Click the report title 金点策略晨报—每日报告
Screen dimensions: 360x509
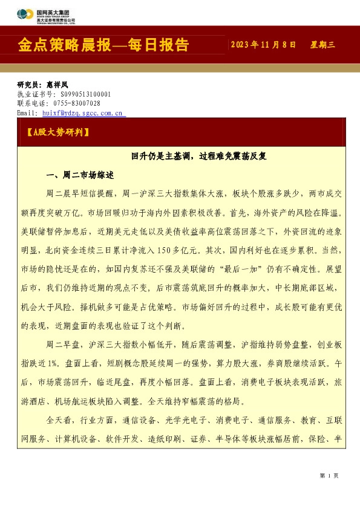(104, 45)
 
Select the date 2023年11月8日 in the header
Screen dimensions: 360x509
(263, 45)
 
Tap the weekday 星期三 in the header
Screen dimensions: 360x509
(322, 45)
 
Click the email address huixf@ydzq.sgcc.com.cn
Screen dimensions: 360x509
(82, 112)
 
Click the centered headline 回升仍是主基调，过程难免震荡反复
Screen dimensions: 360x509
(199, 156)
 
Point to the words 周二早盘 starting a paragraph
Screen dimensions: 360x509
(62, 345)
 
